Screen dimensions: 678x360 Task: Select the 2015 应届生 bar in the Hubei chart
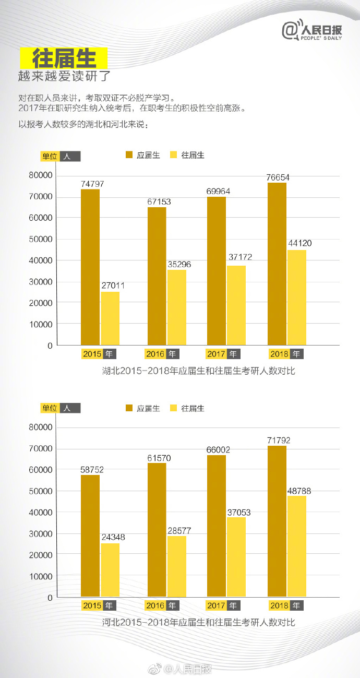(90, 267)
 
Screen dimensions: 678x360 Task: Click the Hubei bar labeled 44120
(297, 298)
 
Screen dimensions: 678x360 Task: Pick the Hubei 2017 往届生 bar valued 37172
(236, 305)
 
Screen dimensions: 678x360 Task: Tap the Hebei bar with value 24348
(110, 570)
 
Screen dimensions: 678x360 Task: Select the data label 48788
(297, 491)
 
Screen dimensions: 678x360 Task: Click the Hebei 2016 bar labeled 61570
(157, 530)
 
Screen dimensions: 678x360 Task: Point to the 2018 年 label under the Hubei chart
(286, 354)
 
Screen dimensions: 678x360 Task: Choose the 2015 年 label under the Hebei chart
(99, 605)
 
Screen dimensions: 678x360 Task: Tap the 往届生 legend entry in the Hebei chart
(188, 408)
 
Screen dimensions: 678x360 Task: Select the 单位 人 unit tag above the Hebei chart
(61, 408)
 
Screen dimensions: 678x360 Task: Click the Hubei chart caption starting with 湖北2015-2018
(199, 371)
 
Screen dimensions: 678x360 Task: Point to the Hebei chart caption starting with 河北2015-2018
(199, 623)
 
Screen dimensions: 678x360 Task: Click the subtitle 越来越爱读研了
(65, 76)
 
